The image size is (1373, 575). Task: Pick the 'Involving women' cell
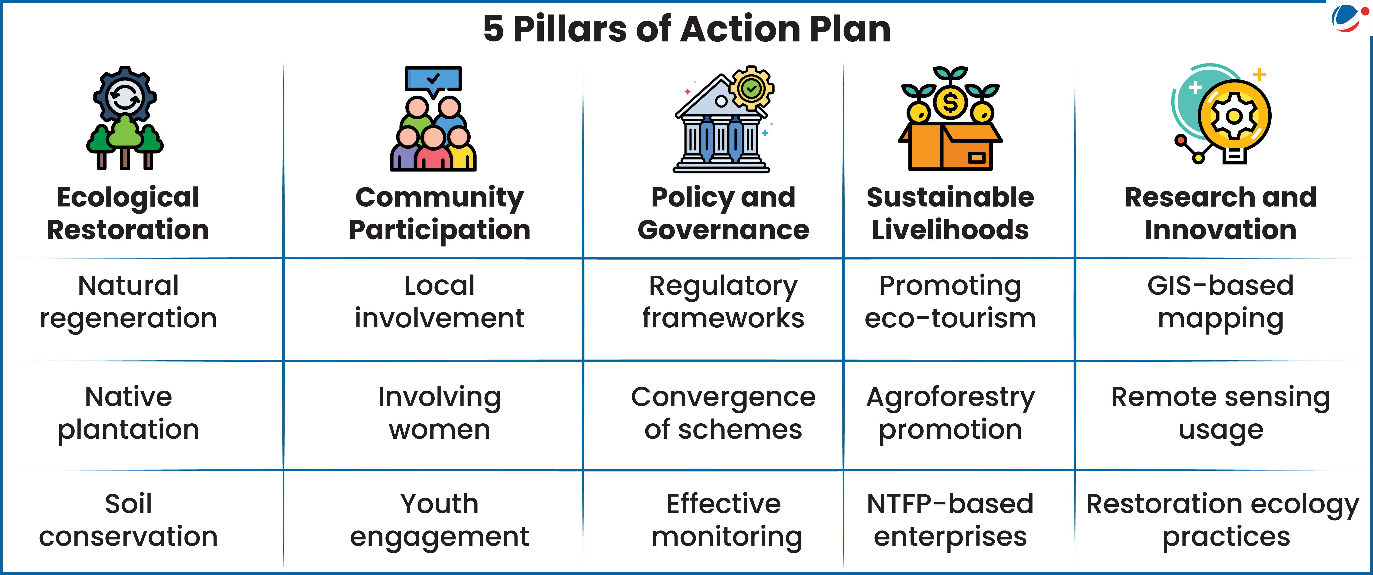(x=440, y=413)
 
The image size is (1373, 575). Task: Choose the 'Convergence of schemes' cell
(x=723, y=413)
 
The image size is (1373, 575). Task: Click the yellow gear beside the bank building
(x=751, y=88)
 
